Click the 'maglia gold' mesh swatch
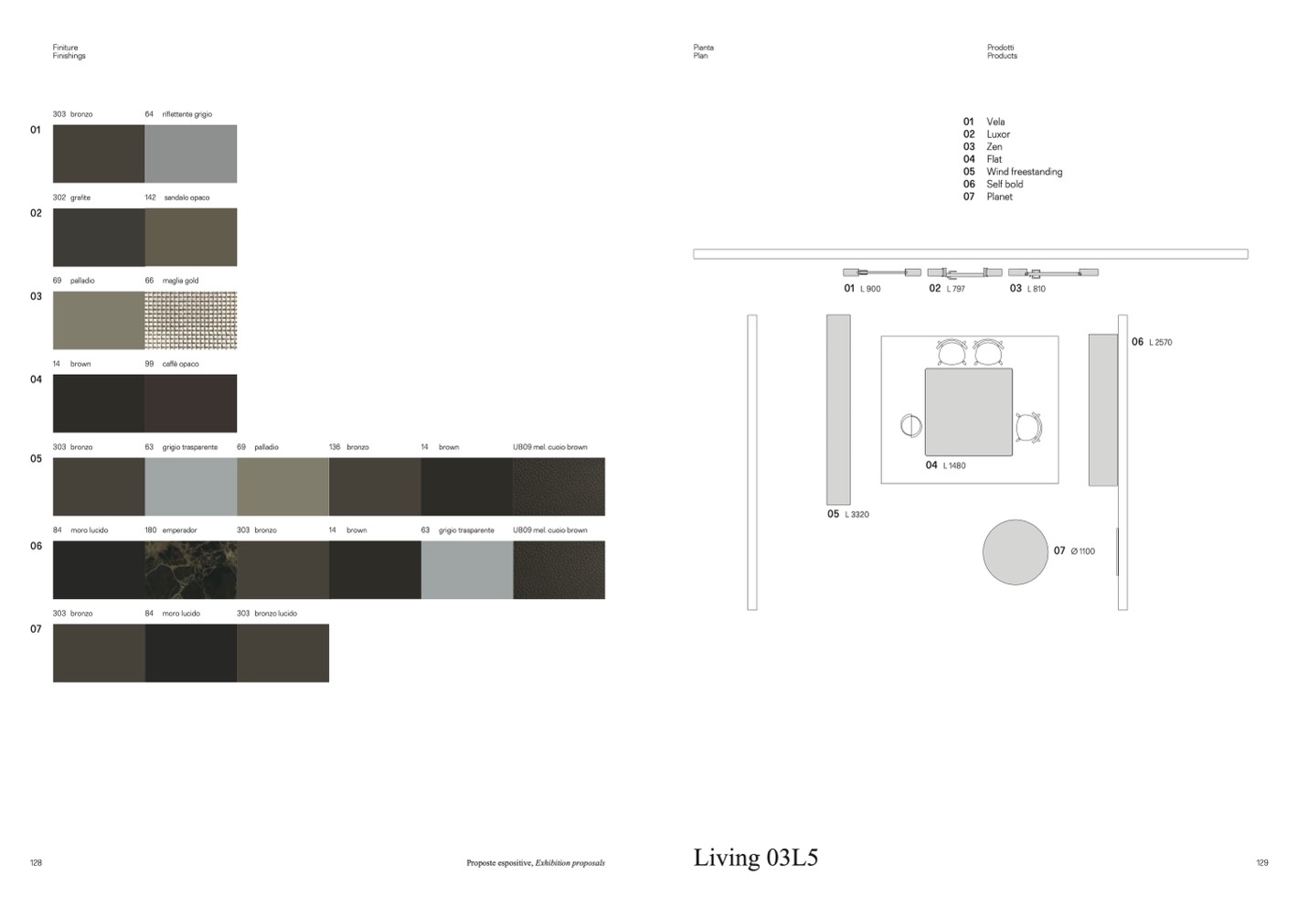coord(191,320)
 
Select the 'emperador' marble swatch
coord(191,570)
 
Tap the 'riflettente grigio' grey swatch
coord(191,154)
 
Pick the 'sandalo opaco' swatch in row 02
coord(191,237)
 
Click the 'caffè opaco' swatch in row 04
coord(191,403)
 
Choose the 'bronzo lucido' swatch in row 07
coord(282,653)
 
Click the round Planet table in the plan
coord(1016,552)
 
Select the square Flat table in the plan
coord(968,411)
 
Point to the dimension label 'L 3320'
coord(856,514)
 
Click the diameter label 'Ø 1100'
coord(1082,551)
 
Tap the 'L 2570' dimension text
coord(1160,343)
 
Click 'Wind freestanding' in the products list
coord(1024,172)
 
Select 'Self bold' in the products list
coord(1005,184)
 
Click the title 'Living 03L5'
coord(756,858)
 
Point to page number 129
coord(1262,863)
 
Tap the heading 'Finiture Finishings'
coord(69,51)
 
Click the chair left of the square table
coord(911,425)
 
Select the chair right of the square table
coord(1028,428)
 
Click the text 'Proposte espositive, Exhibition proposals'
coord(536,863)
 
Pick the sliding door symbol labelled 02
coord(964,273)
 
